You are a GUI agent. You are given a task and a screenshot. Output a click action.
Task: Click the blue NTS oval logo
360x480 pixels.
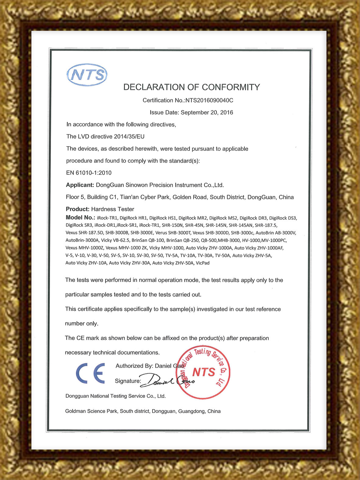coord(87,75)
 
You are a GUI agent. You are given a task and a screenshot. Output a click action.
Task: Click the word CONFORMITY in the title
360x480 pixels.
coord(231,87)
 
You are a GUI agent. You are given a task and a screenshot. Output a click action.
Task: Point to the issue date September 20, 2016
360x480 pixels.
coord(207,112)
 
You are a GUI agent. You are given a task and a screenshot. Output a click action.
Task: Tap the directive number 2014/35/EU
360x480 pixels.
coord(129,137)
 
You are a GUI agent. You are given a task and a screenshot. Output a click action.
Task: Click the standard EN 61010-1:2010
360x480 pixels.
coord(89,173)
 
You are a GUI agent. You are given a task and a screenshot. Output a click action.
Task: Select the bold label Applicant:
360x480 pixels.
coord(80,185)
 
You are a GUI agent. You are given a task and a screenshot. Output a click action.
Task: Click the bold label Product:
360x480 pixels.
coord(77,209)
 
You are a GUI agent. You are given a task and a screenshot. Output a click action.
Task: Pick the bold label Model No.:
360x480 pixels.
coord(80,218)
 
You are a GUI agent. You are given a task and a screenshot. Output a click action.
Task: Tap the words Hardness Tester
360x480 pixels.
coord(112,209)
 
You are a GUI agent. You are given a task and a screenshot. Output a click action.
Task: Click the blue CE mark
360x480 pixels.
coord(91,373)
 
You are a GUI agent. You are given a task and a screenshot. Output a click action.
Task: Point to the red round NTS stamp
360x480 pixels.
coord(203,372)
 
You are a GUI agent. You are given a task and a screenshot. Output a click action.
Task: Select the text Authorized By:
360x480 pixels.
coord(134,366)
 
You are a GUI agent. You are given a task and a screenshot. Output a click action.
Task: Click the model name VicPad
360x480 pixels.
coord(202,263)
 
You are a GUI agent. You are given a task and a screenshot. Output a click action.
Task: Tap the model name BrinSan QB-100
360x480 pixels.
coord(148,240)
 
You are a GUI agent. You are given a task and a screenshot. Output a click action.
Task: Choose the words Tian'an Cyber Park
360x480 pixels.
coord(145,197)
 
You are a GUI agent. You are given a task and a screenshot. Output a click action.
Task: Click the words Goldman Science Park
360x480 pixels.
coord(91,411)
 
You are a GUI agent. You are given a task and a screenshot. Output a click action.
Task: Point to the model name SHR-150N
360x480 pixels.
coord(172,225)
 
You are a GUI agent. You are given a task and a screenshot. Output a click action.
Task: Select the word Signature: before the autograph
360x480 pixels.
coord(128,381)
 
